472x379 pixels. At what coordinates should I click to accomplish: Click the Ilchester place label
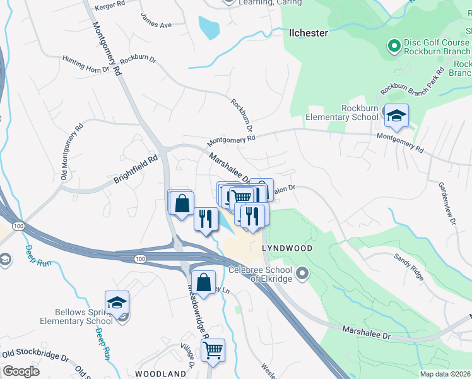pos(308,33)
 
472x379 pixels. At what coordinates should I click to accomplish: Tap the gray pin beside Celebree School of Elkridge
pos(303,274)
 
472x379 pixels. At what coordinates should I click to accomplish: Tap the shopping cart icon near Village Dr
pos(213,349)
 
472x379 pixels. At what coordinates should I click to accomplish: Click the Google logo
pos(21,371)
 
